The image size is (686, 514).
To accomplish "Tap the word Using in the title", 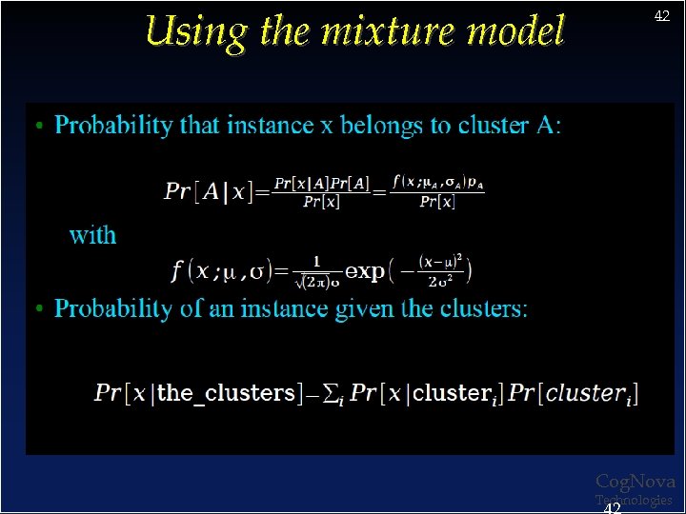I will (196, 32).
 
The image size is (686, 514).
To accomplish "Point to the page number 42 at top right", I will (661, 16).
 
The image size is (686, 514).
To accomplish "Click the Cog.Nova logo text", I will (635, 483).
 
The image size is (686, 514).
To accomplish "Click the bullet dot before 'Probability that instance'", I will (38, 127).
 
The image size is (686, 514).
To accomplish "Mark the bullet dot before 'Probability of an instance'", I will (38, 310).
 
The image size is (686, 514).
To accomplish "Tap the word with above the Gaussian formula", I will (92, 235).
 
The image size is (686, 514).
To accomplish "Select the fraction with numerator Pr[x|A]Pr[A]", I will (322, 191).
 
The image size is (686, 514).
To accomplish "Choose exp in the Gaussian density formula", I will (365, 271).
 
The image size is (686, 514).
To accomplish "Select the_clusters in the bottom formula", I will (225, 393).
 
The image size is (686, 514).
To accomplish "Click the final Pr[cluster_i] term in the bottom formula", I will (575, 393).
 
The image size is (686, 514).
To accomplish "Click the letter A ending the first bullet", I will (548, 126).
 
